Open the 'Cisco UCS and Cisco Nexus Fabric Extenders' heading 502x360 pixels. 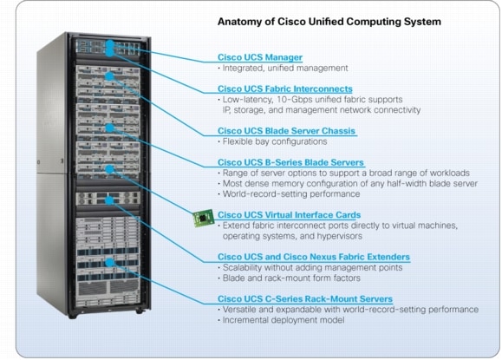coord(313,258)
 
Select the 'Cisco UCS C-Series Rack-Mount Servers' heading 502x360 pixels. coord(303,299)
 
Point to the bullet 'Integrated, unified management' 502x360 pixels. coord(285,68)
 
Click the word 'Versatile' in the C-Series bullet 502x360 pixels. coord(240,310)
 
